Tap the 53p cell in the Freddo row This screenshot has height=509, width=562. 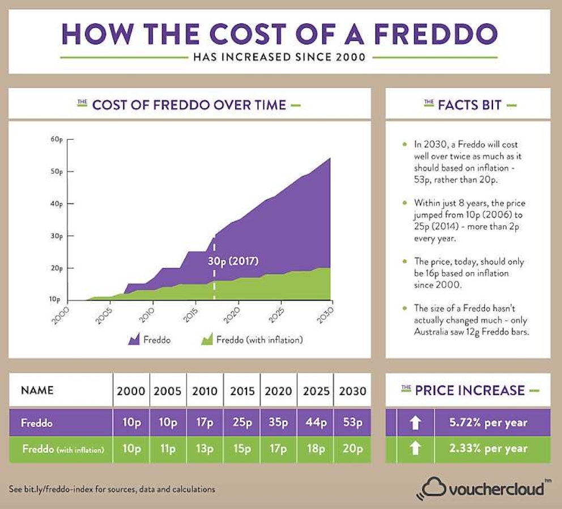[352, 423]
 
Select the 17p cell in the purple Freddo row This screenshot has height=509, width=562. [205, 423]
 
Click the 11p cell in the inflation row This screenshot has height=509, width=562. [168, 448]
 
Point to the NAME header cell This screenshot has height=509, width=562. [37, 390]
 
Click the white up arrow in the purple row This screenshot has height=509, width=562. [415, 423]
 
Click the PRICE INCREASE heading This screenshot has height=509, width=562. [470, 390]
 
